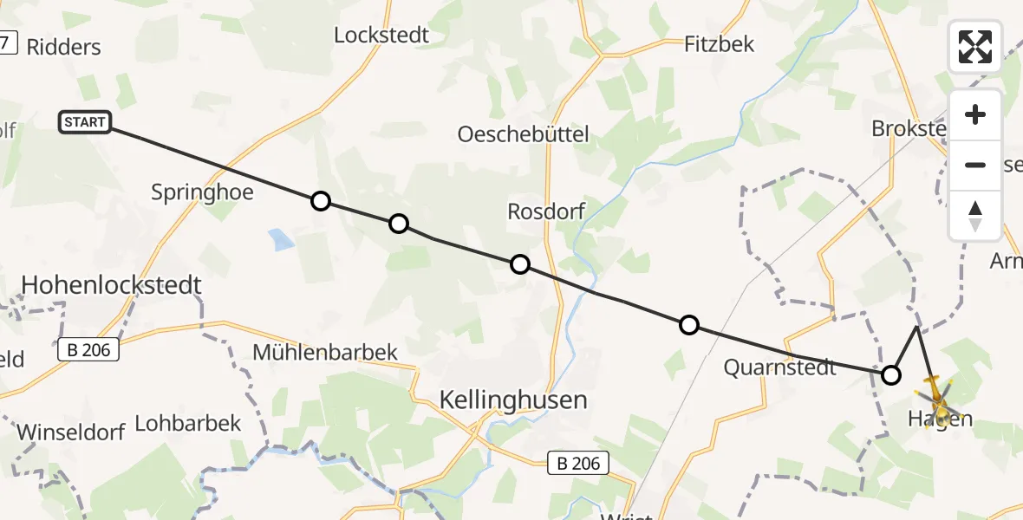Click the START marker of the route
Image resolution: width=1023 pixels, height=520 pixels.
[85, 122]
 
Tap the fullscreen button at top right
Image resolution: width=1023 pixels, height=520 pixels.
[975, 46]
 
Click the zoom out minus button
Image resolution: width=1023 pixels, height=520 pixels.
[975, 165]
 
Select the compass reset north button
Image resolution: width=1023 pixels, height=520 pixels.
[975, 215]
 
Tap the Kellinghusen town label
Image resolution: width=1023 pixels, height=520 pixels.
[513, 400]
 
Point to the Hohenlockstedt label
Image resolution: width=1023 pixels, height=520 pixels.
[111, 284]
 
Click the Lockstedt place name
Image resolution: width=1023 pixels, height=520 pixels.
[381, 36]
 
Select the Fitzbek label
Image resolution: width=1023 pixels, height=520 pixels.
[719, 43]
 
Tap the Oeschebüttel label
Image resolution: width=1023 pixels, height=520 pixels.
[523, 133]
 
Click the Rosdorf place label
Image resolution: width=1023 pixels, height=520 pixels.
[546, 211]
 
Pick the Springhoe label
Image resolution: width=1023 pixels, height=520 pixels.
[202, 192]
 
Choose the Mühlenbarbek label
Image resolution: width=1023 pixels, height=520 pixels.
[325, 352]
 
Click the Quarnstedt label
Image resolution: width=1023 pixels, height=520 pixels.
[780, 367]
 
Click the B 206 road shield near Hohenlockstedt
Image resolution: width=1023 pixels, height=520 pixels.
[88, 351]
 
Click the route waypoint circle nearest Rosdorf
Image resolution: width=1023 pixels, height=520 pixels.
[519, 264]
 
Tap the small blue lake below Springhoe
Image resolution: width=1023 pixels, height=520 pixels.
[280, 239]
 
